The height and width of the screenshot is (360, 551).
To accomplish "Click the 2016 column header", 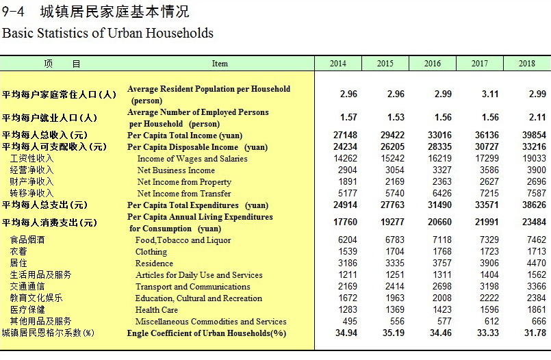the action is click(432, 64).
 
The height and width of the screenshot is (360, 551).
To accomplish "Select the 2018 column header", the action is click(527, 64).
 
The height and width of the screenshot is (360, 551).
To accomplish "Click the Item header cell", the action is click(220, 64).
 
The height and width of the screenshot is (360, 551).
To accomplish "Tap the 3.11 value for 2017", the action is click(490, 94).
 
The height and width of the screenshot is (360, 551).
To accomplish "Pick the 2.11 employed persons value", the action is click(537, 117).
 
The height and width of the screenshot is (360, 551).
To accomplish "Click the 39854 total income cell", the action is click(534, 136).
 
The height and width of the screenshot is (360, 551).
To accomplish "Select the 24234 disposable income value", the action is click(345, 147).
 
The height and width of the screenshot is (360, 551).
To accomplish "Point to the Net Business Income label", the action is click(176, 170).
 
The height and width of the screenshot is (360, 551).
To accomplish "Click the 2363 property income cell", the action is click(441, 181).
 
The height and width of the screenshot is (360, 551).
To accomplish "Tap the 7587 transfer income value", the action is click(536, 193).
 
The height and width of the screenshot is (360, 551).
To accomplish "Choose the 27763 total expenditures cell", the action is click(392, 205).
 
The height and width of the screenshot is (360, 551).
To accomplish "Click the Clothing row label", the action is click(151, 252).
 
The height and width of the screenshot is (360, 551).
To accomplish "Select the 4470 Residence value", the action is click(536, 263).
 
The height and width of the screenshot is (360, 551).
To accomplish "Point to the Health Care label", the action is click(156, 310).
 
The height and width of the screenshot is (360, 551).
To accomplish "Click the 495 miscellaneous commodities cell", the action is click(350, 322).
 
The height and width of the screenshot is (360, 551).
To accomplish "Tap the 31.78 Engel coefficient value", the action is click(535, 333).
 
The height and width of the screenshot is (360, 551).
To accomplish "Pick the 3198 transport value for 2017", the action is click(489, 287).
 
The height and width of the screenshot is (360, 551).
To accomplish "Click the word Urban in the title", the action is click(125, 33).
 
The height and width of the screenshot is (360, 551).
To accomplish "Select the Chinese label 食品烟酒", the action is click(27, 240).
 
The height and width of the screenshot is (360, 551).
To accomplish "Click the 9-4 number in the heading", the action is click(13, 12).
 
